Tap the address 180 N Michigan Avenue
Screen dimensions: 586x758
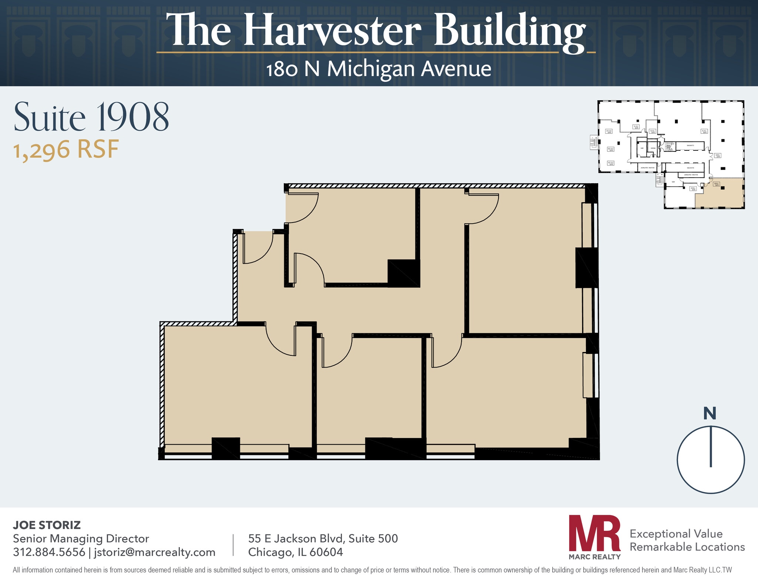click(379, 69)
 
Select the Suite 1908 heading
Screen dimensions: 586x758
click(91, 117)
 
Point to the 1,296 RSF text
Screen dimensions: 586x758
click(66, 150)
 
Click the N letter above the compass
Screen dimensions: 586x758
click(710, 413)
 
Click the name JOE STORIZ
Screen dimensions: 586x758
click(47, 525)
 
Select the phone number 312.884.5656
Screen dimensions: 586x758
click(49, 552)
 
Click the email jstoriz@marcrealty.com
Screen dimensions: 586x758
click(154, 552)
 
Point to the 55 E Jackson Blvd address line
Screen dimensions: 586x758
click(323, 538)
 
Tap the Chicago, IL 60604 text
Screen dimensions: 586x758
click(295, 552)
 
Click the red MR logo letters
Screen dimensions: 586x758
click(594, 533)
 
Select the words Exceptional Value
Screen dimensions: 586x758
click(676, 533)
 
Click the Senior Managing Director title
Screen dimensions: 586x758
click(81, 538)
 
